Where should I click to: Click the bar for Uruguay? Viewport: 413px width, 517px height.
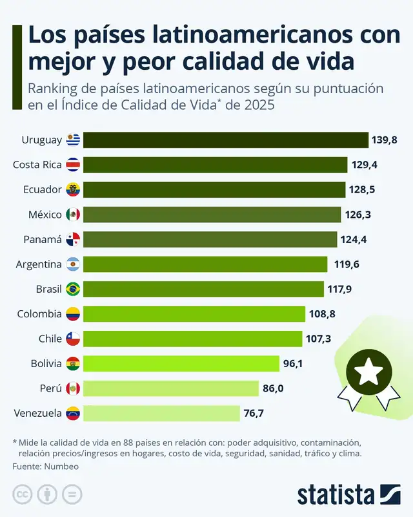coord(226,140)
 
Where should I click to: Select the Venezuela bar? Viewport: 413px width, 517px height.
coord(161,413)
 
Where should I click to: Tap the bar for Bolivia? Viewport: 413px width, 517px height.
coord(181,363)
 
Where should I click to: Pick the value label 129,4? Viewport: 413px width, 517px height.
coord(365,165)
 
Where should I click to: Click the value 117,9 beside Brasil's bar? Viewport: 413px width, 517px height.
coord(339,289)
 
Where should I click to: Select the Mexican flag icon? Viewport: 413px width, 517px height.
coord(73,215)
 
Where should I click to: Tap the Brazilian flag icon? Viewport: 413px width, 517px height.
coord(73,289)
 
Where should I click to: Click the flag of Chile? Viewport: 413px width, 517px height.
coord(73,339)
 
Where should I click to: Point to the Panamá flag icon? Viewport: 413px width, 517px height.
coord(73,240)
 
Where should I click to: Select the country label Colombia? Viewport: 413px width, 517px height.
coord(39,314)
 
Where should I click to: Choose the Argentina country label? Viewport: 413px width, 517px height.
coord(38,264)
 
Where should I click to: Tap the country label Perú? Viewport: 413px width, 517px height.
coord(50,388)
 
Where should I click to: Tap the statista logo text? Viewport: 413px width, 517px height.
coord(336,495)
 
